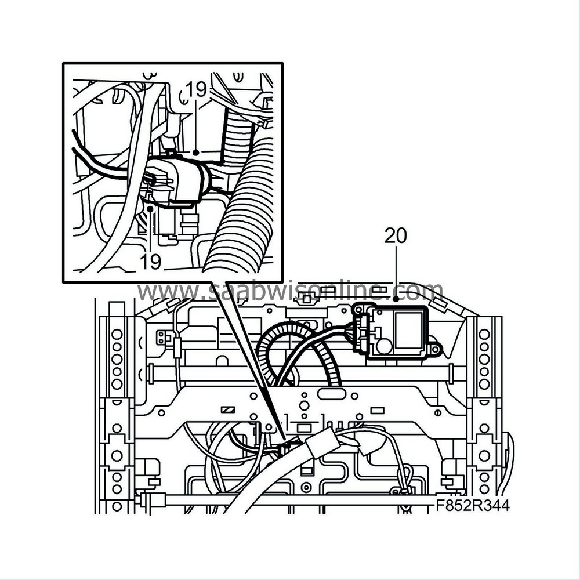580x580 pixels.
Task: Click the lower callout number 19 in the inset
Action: [x=150, y=261]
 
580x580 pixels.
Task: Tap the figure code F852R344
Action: [x=472, y=506]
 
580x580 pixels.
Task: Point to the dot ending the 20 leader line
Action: [x=396, y=299]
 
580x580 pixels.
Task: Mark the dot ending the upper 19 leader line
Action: [x=196, y=153]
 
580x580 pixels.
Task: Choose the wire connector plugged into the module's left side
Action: [x=361, y=333]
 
